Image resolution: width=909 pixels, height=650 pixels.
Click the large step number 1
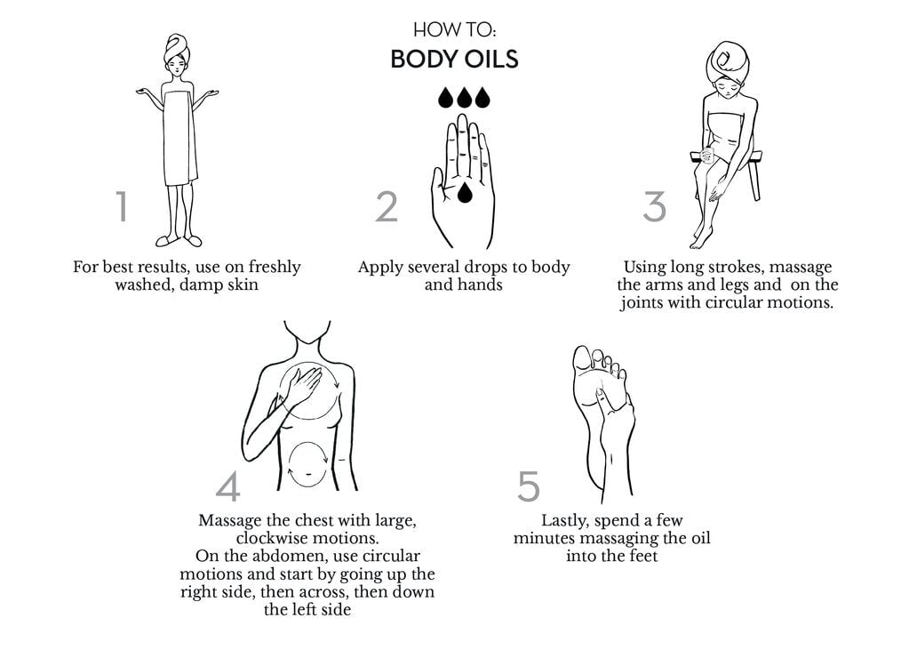click(123, 206)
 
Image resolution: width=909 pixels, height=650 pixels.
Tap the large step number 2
click(387, 206)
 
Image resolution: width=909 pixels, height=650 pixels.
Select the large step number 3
click(654, 206)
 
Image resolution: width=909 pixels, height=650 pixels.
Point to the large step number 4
click(228, 486)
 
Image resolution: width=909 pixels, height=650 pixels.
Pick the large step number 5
click(528, 486)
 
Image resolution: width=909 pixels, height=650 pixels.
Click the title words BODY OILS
click(454, 60)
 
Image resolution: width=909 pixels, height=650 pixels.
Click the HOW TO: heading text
click(454, 28)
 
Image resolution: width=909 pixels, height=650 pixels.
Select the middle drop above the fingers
click(464, 97)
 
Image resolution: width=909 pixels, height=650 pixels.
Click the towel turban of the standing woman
click(177, 49)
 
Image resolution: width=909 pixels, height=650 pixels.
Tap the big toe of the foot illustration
click(581, 358)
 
